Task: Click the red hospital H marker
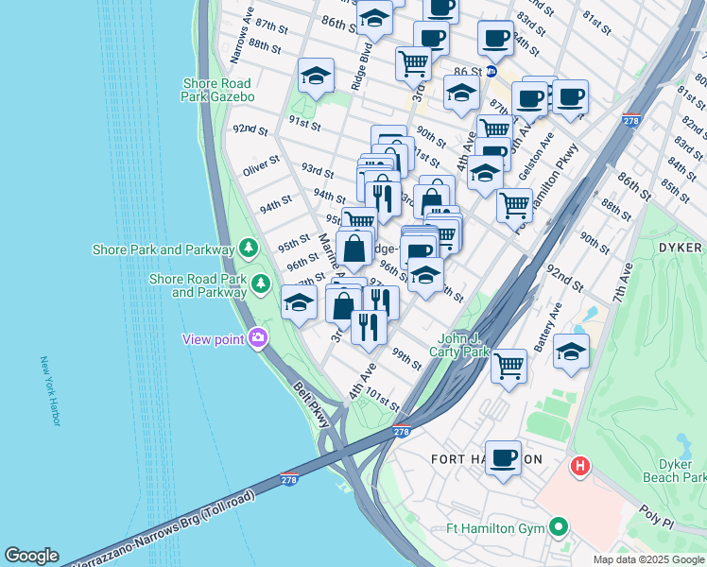[x=580, y=466]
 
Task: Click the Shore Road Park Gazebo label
[x=218, y=90]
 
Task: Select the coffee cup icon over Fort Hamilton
[x=503, y=458]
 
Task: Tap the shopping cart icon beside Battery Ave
[x=509, y=365]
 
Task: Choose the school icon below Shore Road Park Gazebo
[x=316, y=77]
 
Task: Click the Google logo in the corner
[x=32, y=556]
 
